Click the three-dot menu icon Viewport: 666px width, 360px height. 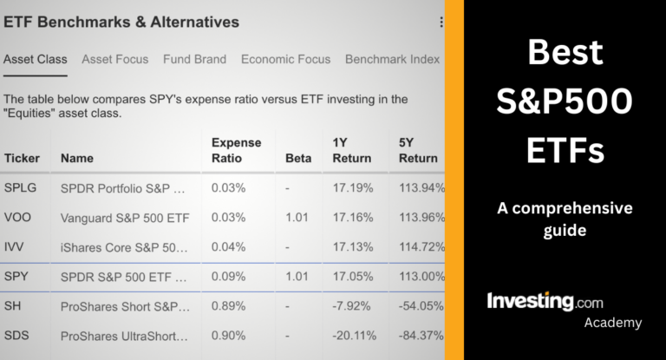coord(441,23)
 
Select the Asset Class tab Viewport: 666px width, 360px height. coord(35,60)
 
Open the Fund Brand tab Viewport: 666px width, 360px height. coord(194,60)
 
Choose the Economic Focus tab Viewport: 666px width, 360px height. coord(285,60)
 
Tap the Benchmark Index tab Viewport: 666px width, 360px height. coord(393,60)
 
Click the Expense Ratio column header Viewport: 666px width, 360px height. coord(236,150)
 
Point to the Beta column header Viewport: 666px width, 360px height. coord(298,159)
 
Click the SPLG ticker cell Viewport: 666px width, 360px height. coord(21,188)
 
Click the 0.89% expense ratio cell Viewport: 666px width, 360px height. coord(228,307)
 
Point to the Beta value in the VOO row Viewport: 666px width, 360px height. coord(297,218)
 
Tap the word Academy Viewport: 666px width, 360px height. coord(612,323)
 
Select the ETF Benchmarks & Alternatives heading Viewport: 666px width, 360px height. coord(121,22)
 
